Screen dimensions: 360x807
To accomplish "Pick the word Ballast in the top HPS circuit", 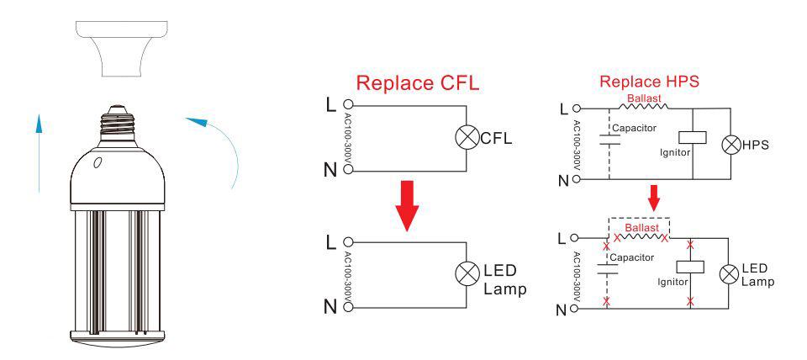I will click(x=642, y=98).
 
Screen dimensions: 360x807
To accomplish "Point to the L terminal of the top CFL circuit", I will click(x=348, y=107).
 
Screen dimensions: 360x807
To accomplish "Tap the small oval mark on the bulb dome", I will click(x=98, y=161).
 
